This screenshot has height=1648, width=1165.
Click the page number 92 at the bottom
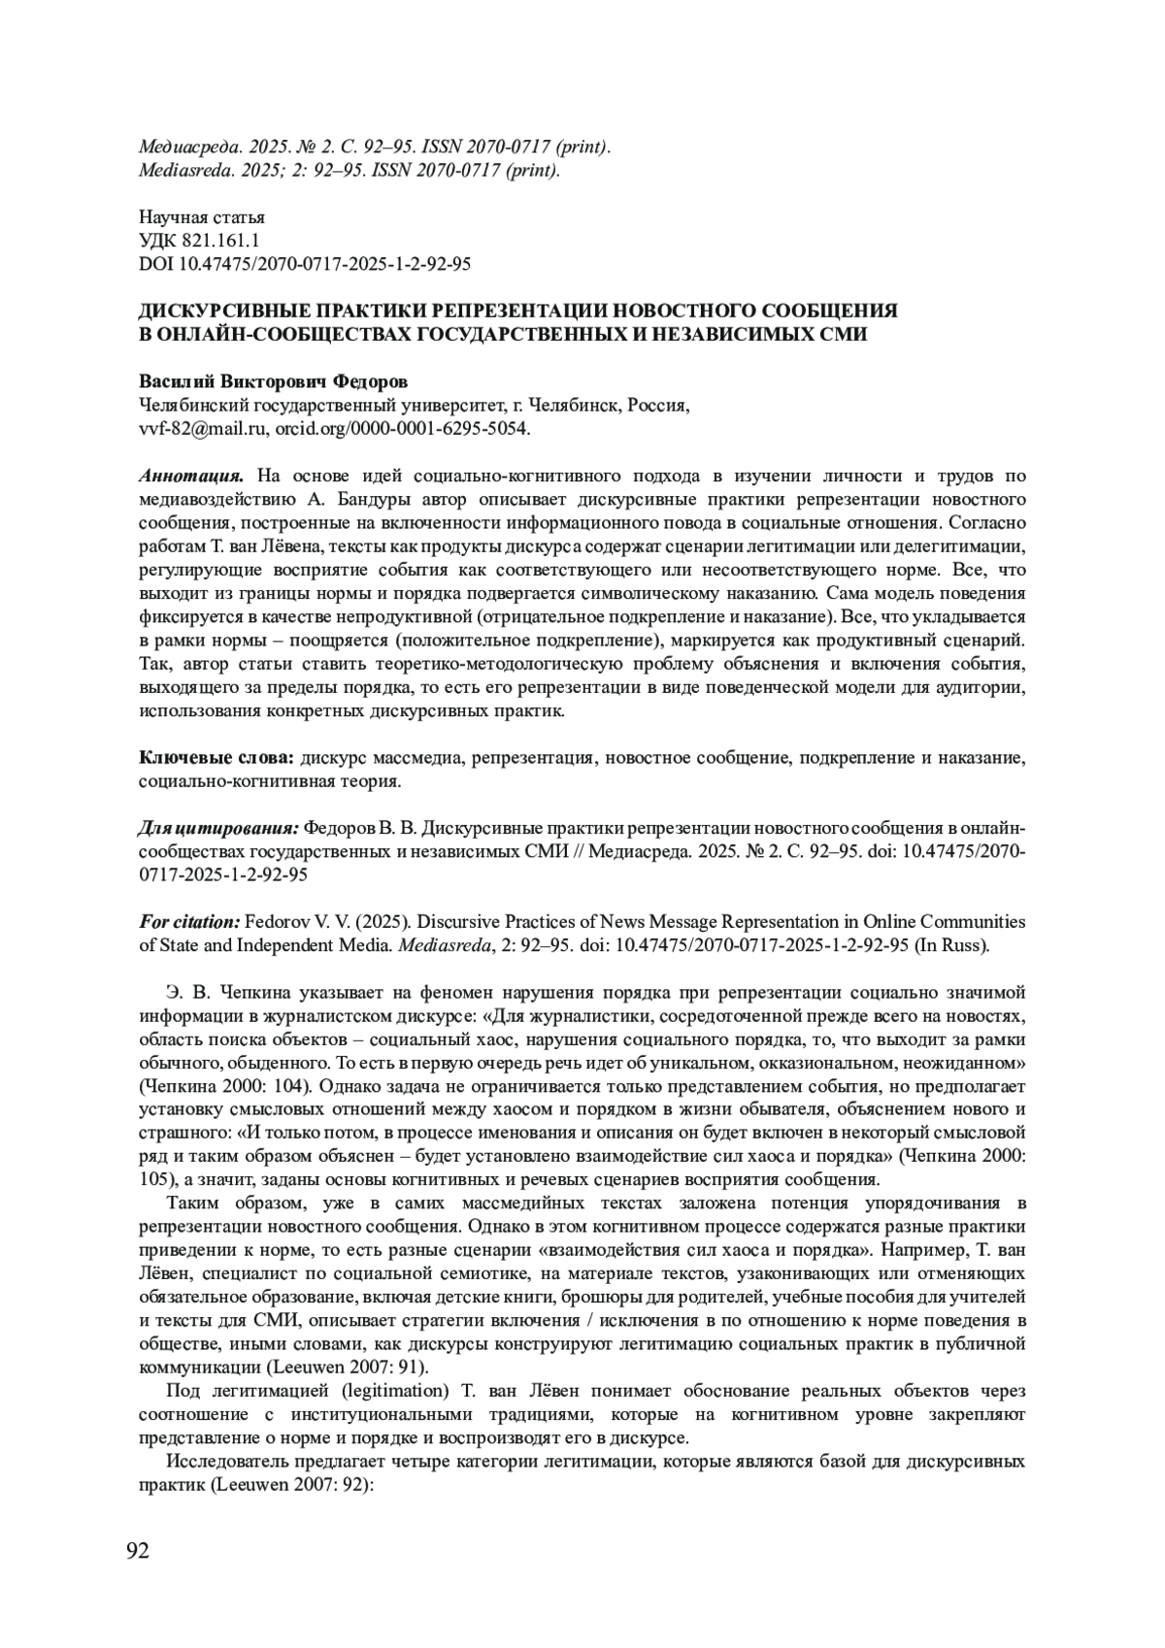coord(138,1550)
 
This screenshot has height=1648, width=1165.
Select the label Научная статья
coord(202,217)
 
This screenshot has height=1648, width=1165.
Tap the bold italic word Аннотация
coord(190,477)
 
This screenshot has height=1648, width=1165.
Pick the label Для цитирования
coord(218,828)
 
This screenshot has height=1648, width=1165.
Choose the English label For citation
coord(189,922)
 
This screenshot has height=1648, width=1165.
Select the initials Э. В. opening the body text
coord(187,992)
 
